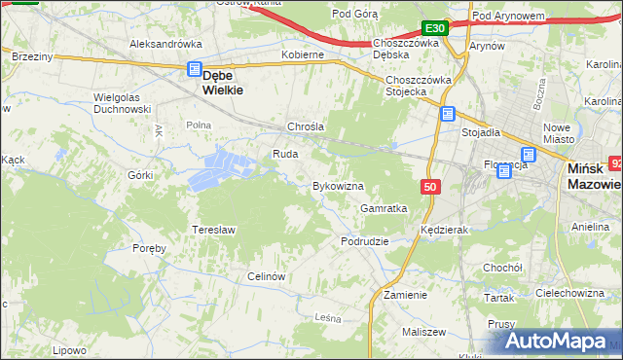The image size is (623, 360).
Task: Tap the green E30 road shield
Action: coord(435,28)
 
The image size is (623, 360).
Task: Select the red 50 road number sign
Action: coord(429,186)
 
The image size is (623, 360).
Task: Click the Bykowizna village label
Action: coord(337,185)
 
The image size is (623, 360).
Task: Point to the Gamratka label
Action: coord(384,208)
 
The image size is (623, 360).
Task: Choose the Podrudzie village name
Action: coord(365,240)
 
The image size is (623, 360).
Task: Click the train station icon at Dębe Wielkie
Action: coord(194,69)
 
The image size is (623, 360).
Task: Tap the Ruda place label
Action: coord(285,154)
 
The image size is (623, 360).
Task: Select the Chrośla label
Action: coord(305,126)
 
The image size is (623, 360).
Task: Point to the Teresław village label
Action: coord(216,229)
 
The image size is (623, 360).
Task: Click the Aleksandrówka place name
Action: coord(165,44)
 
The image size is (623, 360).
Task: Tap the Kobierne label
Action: coord(302,55)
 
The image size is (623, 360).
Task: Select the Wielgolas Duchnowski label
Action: coord(121,103)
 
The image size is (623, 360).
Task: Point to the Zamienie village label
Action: coord(405,294)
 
